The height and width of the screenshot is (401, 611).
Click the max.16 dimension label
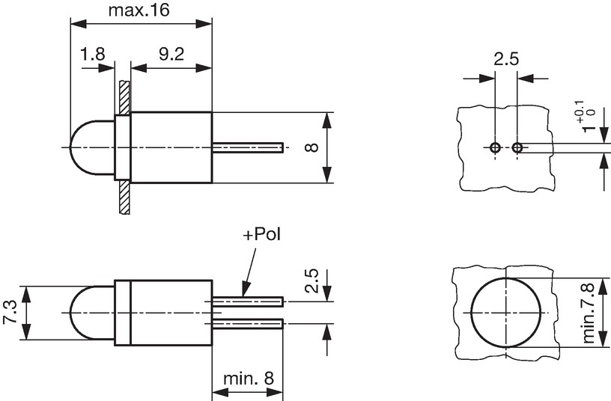139,10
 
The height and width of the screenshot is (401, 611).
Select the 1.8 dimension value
92,54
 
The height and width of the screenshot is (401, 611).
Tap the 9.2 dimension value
171,54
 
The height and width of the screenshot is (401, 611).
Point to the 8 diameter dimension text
312,147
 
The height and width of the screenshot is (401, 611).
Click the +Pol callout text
262,235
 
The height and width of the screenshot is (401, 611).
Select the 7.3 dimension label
10,312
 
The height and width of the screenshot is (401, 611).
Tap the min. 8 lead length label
249,379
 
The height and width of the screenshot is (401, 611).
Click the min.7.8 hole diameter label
589,313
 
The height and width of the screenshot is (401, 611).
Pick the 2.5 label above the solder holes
506,60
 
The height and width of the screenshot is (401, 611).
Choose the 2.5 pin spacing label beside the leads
312,281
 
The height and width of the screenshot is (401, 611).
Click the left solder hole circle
495,148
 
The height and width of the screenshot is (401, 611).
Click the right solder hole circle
517,148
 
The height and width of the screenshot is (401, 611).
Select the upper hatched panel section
124,97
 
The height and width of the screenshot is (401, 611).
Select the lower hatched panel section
124,197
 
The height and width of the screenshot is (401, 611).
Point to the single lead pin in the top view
247,147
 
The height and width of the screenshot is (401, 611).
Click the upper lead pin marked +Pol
247,301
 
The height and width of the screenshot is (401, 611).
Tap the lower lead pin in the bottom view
247,323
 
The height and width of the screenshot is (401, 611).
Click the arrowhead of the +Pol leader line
244,291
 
